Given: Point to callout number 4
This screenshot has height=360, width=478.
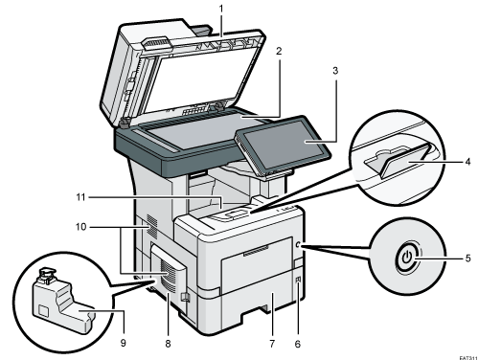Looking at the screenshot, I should pos(467,162).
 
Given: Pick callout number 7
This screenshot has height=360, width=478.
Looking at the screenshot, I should pos(271,342).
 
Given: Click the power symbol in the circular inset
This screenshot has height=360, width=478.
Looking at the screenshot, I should pos(409,258).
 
